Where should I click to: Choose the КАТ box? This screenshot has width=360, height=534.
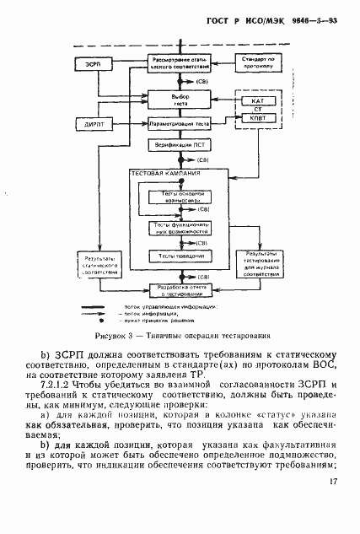tap(258, 102)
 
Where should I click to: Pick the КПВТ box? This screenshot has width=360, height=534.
tap(258, 118)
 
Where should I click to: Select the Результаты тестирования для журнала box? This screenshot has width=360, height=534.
tap(258, 263)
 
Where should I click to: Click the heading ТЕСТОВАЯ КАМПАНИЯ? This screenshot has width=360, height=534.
tap(165, 174)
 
